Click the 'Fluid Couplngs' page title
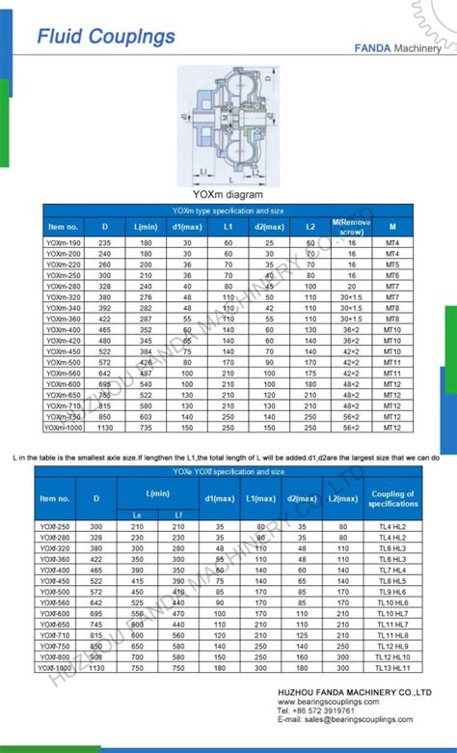(105, 37)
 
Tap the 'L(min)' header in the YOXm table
(146, 227)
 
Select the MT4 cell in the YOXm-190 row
(392, 242)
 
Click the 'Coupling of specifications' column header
(393, 498)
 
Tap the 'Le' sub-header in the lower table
(137, 515)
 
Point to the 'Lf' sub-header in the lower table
(178, 515)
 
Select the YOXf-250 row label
(55, 526)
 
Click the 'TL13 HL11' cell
(393, 668)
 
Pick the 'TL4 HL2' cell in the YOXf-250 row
(393, 526)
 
